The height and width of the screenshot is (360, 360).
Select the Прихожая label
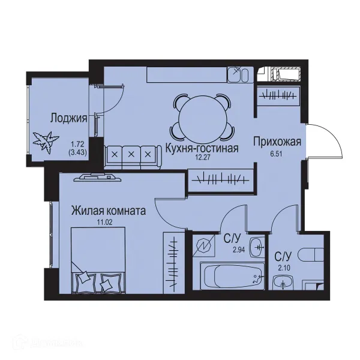tap(277, 142)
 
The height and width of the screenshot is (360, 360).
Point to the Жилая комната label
tap(109, 211)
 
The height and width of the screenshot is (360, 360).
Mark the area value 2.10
tap(281, 267)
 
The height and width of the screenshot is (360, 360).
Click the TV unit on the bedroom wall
tap(94, 176)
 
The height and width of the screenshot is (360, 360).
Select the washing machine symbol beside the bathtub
tap(208, 247)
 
